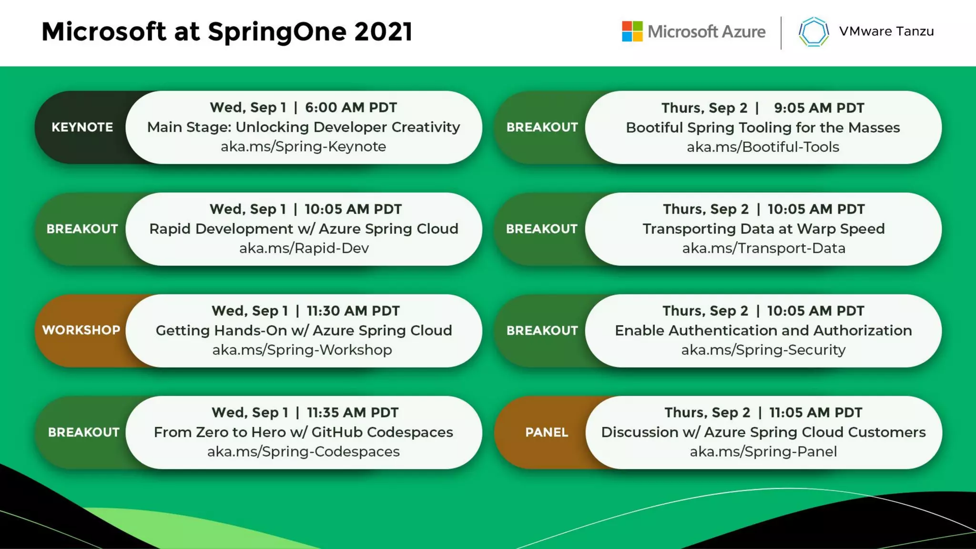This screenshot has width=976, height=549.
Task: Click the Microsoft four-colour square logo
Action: (x=632, y=31)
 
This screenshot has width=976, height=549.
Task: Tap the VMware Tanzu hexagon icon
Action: (x=813, y=32)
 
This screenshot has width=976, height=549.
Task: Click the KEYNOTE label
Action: (x=82, y=127)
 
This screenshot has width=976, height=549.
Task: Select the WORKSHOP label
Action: (x=81, y=330)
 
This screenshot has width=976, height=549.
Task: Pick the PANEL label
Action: (x=546, y=432)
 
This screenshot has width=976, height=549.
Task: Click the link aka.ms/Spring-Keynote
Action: (x=303, y=147)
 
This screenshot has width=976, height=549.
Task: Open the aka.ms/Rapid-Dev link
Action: (x=304, y=248)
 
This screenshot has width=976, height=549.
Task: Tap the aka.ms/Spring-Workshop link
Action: (x=302, y=350)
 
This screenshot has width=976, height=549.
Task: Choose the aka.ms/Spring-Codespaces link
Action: (x=303, y=452)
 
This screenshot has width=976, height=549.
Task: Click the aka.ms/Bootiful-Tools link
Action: (x=762, y=147)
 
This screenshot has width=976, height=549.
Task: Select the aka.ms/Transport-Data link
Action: (x=763, y=248)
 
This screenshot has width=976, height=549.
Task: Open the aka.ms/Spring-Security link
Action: (x=763, y=350)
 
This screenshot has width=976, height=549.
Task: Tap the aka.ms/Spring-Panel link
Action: (x=763, y=452)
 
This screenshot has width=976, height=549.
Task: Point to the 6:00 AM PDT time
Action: (x=351, y=108)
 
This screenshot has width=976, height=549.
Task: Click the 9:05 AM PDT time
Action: (x=819, y=108)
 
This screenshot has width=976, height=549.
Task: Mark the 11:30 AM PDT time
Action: (x=353, y=311)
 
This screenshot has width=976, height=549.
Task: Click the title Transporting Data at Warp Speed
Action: (x=763, y=229)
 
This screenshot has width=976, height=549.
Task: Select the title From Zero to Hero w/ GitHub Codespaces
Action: (x=303, y=432)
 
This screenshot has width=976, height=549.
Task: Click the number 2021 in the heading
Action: (x=383, y=32)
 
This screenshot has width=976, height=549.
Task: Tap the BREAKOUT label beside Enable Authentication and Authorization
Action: (x=542, y=331)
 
